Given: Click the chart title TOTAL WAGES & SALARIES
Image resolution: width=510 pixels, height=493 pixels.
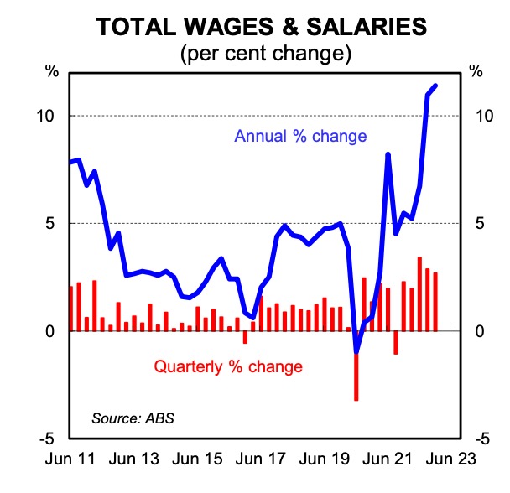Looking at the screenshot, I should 260,26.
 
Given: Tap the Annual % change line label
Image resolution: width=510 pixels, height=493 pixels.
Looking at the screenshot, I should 301,136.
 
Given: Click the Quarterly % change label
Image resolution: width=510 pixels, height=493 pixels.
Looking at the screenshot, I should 226,366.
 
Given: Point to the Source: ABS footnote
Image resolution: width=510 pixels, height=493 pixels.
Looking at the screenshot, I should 128,416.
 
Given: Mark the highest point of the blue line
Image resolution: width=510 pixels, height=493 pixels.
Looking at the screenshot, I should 435,86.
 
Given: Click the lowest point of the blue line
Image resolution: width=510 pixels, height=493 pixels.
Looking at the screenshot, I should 356,350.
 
